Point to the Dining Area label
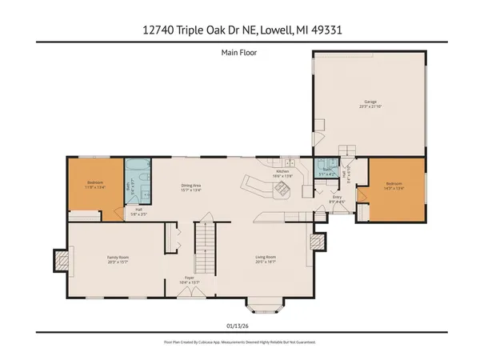pos(190,188)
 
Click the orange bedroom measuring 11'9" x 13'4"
pos(94,186)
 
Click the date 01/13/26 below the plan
pos(240,324)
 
